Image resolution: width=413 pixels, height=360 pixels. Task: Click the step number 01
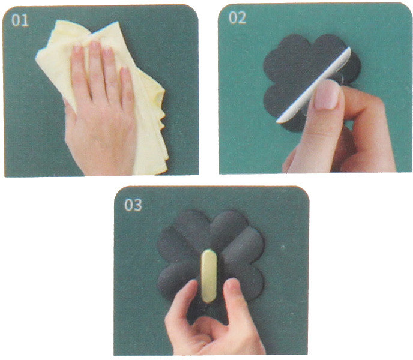pos(20,20)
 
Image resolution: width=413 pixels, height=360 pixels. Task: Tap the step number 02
pos(237,18)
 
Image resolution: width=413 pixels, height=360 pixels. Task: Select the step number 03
pos(133,205)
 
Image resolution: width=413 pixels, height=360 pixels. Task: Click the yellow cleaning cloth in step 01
pos(103,87)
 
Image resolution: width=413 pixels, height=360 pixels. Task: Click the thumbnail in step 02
pos(327,95)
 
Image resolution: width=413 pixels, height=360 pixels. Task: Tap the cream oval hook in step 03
pos(209,276)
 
